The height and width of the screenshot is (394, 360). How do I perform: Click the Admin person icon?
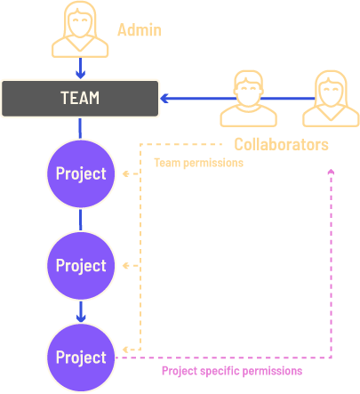[80, 29]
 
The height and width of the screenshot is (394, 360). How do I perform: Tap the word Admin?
[140, 30]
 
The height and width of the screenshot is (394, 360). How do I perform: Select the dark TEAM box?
[80, 98]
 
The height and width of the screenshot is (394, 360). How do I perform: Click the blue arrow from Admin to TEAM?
[80, 68]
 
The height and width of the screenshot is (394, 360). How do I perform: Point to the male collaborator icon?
[249, 99]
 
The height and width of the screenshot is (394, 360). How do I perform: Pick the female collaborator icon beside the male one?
[331, 99]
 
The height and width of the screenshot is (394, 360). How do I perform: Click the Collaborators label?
[281, 144]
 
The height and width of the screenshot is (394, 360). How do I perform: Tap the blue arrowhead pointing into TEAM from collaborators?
[164, 98]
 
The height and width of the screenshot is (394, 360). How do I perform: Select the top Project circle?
[81, 173]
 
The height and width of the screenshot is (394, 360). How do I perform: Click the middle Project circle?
[81, 266]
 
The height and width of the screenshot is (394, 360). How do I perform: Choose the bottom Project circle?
[81, 358]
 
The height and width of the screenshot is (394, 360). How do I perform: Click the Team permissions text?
[198, 163]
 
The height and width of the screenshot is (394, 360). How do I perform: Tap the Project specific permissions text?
[232, 371]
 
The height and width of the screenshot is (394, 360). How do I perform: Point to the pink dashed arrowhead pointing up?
[331, 172]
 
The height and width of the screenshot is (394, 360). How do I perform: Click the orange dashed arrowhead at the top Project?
[126, 173]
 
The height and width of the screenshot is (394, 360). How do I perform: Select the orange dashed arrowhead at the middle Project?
[126, 266]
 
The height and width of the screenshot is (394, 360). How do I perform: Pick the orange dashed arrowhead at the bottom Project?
[126, 350]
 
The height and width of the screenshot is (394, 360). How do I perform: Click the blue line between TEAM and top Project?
[80, 128]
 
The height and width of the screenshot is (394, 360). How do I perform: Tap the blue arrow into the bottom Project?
[81, 311]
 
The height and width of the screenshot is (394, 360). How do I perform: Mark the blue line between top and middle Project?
[80, 220]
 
